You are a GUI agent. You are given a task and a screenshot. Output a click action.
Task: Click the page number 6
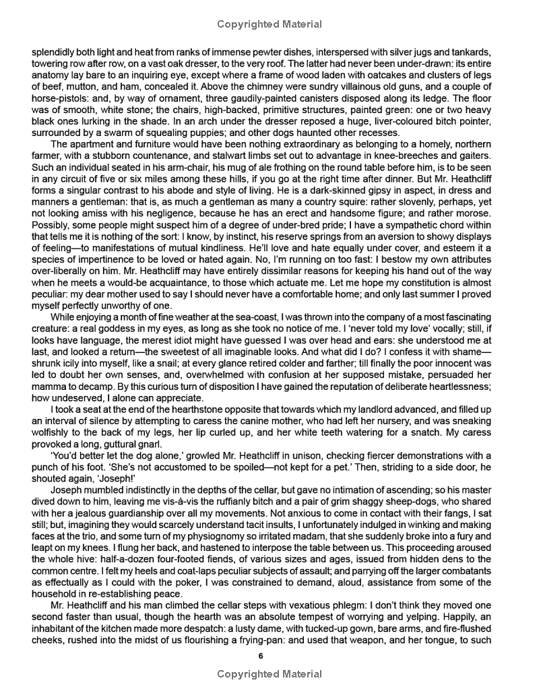click(269, 655)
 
